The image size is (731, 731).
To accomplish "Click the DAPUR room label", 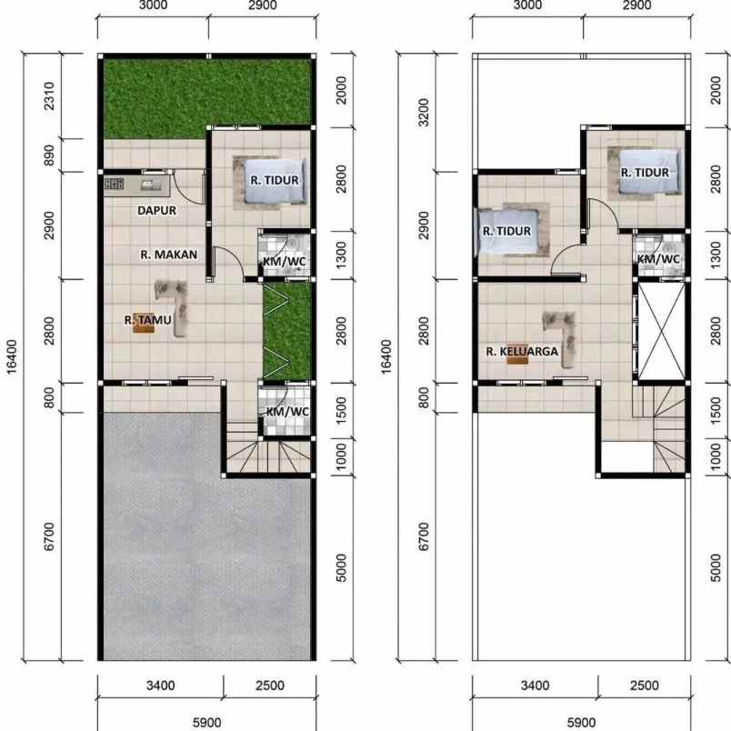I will pos(156,210).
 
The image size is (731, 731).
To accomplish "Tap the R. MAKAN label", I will pos(168,255).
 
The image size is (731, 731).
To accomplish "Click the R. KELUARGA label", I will pos(521,350).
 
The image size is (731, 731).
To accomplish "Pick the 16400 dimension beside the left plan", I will pos(10,357).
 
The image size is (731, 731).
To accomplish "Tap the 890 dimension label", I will pos(51,155).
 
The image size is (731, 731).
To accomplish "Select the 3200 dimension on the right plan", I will pos(424,112).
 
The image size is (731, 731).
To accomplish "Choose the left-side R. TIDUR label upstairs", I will pos(506,231).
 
